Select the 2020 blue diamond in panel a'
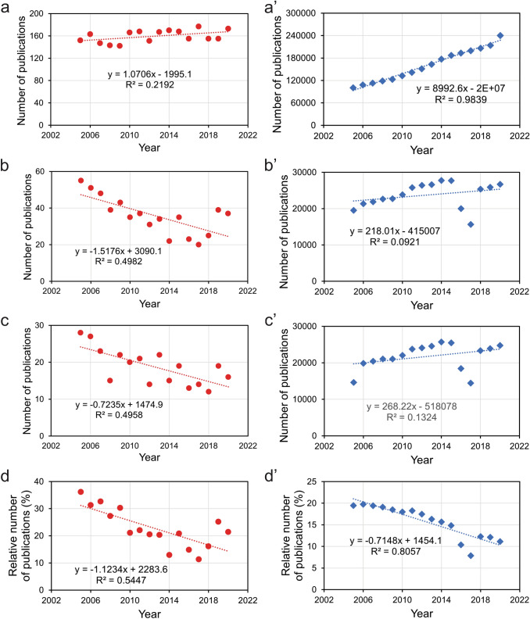point(500,35)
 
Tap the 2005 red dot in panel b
point(81,181)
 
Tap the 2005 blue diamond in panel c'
point(353,382)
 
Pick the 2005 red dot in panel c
point(81,332)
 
